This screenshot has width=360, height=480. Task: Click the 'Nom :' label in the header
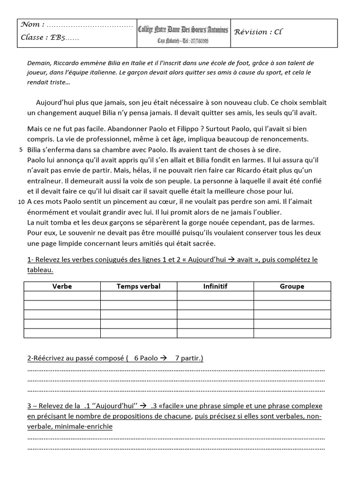33,24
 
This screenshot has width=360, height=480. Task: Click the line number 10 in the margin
21,202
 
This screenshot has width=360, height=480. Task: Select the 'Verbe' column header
62,286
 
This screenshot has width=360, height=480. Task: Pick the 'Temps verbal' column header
138,286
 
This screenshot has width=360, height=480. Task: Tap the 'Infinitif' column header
215,286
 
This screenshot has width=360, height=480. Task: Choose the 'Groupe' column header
292,286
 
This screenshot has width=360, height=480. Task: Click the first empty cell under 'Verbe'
62,296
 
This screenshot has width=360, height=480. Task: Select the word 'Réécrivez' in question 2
49,359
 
